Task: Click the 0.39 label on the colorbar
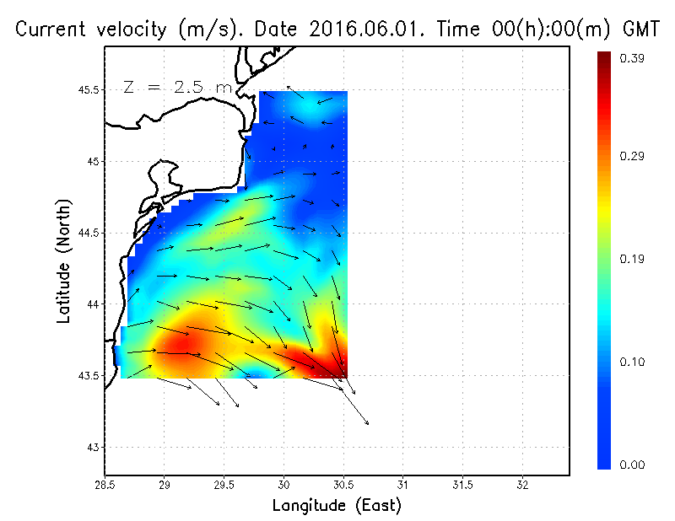point(633,58)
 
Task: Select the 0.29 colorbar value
point(633,157)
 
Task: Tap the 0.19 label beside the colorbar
point(633,260)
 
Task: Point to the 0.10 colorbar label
point(633,362)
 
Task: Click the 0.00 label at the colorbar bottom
point(633,465)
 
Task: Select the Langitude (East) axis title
point(337,506)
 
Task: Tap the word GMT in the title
point(641,30)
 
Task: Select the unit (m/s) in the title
point(203,30)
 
